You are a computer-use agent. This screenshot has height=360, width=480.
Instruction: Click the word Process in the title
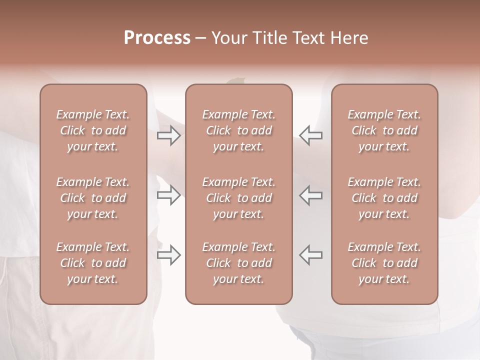[157, 38]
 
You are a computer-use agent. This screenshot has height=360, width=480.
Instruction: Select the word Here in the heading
[350, 38]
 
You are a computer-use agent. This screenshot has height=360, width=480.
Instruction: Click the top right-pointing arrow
[169, 135]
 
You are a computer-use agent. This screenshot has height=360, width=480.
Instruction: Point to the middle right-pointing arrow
[169, 195]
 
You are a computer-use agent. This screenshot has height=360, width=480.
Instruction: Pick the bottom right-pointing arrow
[169, 254]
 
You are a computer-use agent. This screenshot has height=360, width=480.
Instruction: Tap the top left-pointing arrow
[311, 135]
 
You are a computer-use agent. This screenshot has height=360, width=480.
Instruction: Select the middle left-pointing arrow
[311, 195]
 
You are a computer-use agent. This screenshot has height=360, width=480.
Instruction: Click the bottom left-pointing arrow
[311, 254]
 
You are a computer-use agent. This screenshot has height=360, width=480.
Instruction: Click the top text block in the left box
[93, 130]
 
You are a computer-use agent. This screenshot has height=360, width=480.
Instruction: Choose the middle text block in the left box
[93, 198]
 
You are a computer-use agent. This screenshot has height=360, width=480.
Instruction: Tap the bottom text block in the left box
[93, 263]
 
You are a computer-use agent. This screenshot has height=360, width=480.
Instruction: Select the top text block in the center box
[239, 130]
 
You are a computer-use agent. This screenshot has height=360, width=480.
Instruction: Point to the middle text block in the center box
[239, 198]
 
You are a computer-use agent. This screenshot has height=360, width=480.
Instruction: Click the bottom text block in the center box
[239, 263]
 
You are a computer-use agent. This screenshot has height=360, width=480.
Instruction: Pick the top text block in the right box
[384, 130]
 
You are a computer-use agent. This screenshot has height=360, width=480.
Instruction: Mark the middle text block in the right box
[384, 198]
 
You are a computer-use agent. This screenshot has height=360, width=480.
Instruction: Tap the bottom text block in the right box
[384, 263]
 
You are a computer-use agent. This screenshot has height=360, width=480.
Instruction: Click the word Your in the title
[229, 38]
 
